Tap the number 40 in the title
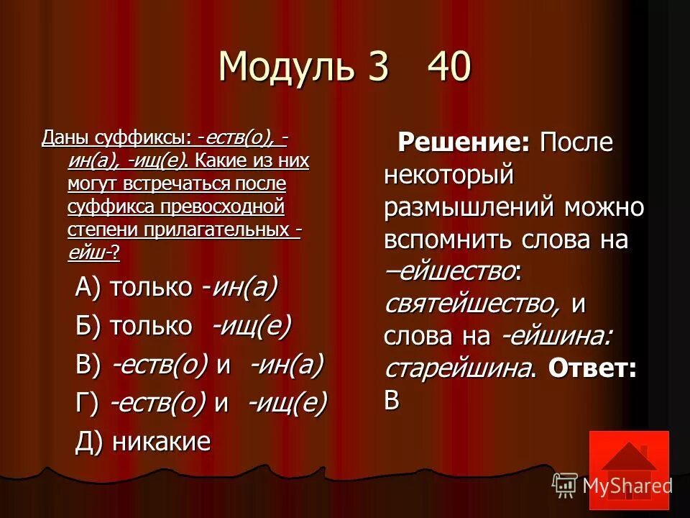pos(449,67)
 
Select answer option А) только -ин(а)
pos(176,288)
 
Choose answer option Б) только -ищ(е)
pos(183,327)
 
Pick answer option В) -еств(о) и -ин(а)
pos(200,365)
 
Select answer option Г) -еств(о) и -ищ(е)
pos(201,403)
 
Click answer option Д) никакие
pos(142,442)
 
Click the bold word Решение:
pos(464,142)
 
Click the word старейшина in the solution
pos(460,369)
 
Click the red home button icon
pos(628,465)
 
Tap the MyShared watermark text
pos(627,486)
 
